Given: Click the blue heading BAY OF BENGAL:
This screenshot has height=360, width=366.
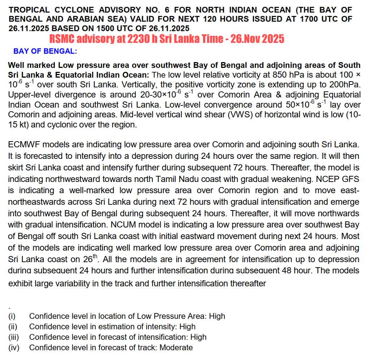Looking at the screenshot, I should coord(45,51).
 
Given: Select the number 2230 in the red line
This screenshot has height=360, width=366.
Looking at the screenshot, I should coord(137,39).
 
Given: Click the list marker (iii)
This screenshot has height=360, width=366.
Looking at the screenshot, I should coord(13,337).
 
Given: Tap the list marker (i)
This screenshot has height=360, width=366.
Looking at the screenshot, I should coord(12,316).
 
